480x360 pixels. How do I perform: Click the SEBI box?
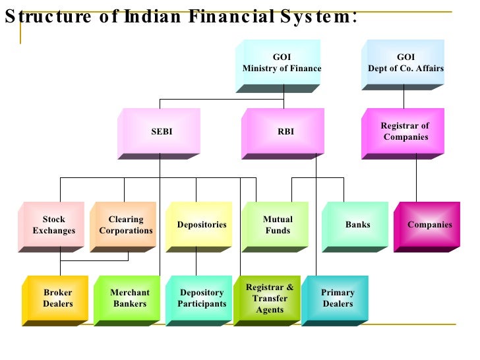click(x=162, y=132)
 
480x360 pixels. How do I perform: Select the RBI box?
click(x=285, y=132)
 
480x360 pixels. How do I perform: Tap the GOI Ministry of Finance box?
click(x=282, y=63)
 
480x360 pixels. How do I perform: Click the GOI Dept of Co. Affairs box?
click(x=405, y=63)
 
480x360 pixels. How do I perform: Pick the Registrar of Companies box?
click(x=405, y=132)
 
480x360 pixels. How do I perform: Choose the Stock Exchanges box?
click(x=54, y=225)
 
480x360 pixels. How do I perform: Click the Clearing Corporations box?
click(x=126, y=225)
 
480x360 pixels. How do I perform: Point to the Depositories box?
click(x=201, y=225)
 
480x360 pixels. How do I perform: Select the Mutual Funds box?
click(x=278, y=225)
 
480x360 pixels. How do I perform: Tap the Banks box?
click(x=357, y=225)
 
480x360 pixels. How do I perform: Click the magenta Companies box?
click(x=429, y=225)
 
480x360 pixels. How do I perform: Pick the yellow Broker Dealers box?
click(x=58, y=299)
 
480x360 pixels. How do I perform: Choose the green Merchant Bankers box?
click(x=130, y=299)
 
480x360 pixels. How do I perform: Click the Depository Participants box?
click(x=202, y=299)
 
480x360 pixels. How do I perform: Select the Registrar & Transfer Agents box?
click(x=270, y=299)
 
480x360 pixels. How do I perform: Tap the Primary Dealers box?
click(x=338, y=299)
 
